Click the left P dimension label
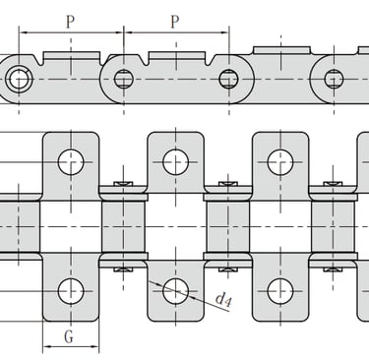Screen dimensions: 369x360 point(70,22)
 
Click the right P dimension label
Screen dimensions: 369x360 point(175,22)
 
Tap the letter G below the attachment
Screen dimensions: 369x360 point(69,336)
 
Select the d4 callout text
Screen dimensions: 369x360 point(223,300)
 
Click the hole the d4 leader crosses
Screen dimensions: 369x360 point(175,291)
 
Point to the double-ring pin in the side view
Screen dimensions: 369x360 point(19,80)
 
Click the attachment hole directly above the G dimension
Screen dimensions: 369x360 point(71,291)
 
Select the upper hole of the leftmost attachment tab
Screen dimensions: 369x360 point(71,162)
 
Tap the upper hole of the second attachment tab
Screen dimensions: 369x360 point(175,162)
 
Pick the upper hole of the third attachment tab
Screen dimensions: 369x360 point(280,162)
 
